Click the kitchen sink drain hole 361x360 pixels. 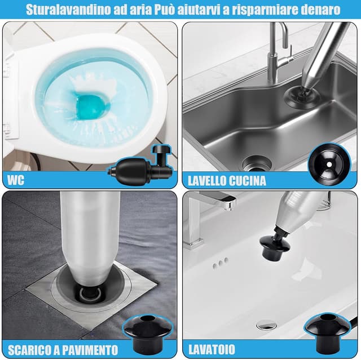tap(257, 163)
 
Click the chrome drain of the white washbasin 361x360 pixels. tap(266, 325)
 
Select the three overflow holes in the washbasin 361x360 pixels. tap(221, 262)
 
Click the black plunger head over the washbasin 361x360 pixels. tap(275, 247)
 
